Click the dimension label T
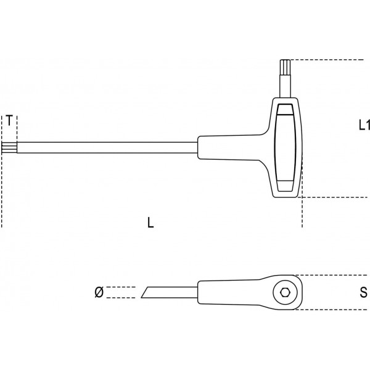click(x=10, y=120)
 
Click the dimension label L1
click(x=364, y=125)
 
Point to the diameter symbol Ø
click(x=99, y=292)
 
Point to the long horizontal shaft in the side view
click(x=105, y=147)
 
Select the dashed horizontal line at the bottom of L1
click(x=333, y=198)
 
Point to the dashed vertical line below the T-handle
click(x=302, y=213)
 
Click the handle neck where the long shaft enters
click(x=207, y=147)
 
